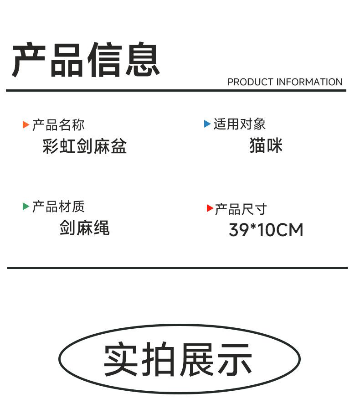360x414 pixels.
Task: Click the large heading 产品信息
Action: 86,60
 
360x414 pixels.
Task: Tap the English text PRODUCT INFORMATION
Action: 285,82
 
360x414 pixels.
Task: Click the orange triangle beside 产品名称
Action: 26,125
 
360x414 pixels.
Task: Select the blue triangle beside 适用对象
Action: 207,124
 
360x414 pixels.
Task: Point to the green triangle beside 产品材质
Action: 26,207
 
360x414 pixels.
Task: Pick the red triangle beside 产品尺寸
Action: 210,208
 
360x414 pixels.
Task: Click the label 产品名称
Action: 58,125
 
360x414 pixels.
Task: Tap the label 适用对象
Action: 239,124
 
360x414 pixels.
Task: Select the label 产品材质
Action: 58,207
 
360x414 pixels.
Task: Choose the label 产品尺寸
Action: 241,209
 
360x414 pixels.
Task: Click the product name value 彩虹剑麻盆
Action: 84,146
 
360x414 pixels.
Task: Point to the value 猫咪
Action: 266,146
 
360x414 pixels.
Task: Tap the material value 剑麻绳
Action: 84,228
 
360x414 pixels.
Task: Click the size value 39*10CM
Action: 266,230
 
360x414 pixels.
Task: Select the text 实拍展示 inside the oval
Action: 178,359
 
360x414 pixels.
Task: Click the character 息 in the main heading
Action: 143,60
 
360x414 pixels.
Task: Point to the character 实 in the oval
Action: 121,359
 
